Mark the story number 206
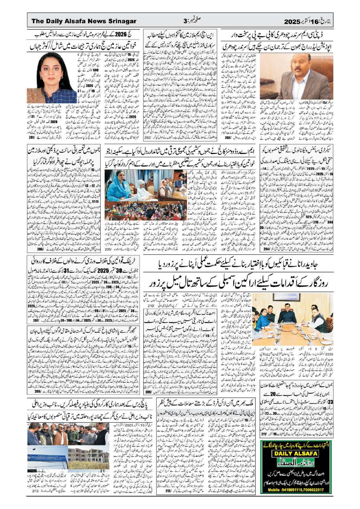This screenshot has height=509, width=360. click(x=40, y=250)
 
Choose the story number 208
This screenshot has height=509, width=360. click(x=38, y=391)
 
